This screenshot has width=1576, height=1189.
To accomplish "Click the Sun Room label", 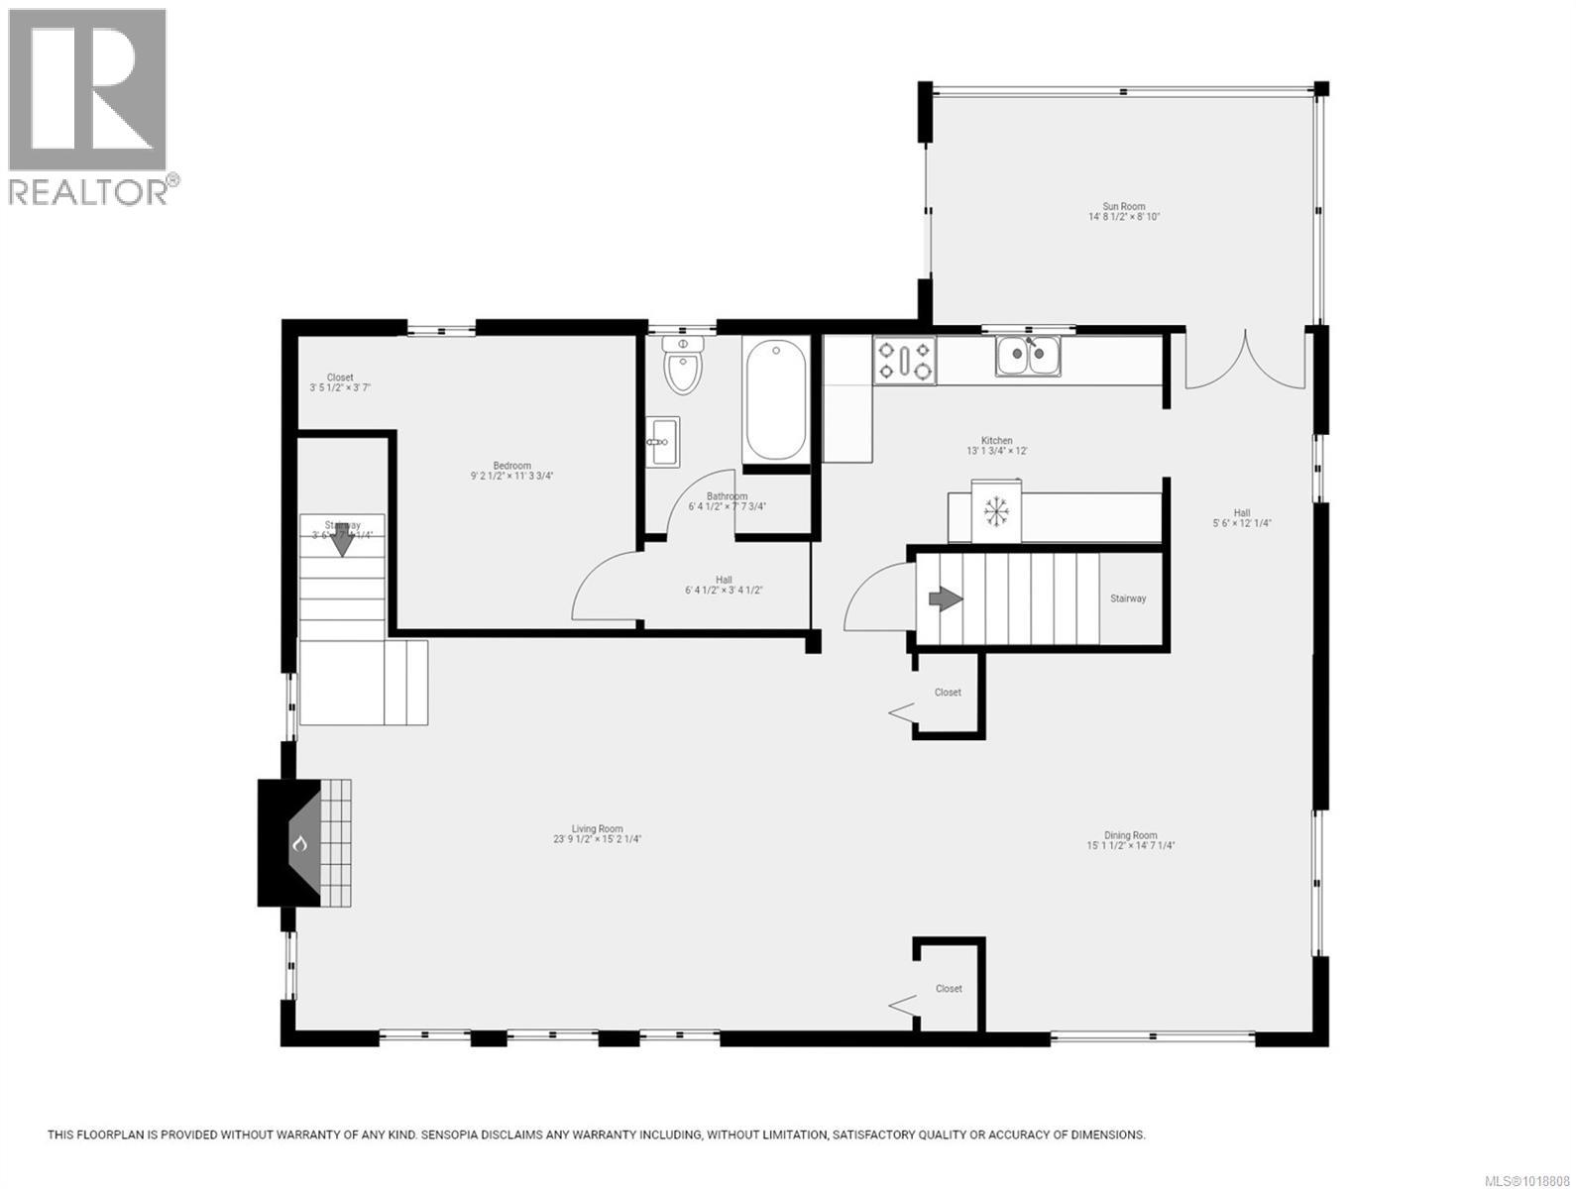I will pos(1124,207).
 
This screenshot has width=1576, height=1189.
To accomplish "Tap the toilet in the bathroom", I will pos(683,366).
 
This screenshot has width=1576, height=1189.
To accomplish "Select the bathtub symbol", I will pos(775,399).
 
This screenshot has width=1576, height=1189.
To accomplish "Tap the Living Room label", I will pos(597,829).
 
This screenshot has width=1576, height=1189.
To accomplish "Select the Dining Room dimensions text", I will pos(1130,846).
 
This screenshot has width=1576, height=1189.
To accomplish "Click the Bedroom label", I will pos(512,466).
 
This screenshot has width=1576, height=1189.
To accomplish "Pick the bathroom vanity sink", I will pos(663,441).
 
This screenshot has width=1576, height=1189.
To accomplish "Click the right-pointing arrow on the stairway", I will pos(945,598).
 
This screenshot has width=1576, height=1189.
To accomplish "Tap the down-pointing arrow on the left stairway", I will pos(342,543).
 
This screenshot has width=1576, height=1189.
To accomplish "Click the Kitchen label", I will pos(997,440).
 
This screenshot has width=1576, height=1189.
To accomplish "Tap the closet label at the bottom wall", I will pos(949,989).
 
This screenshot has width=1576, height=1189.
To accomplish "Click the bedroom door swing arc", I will pos(601,585).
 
